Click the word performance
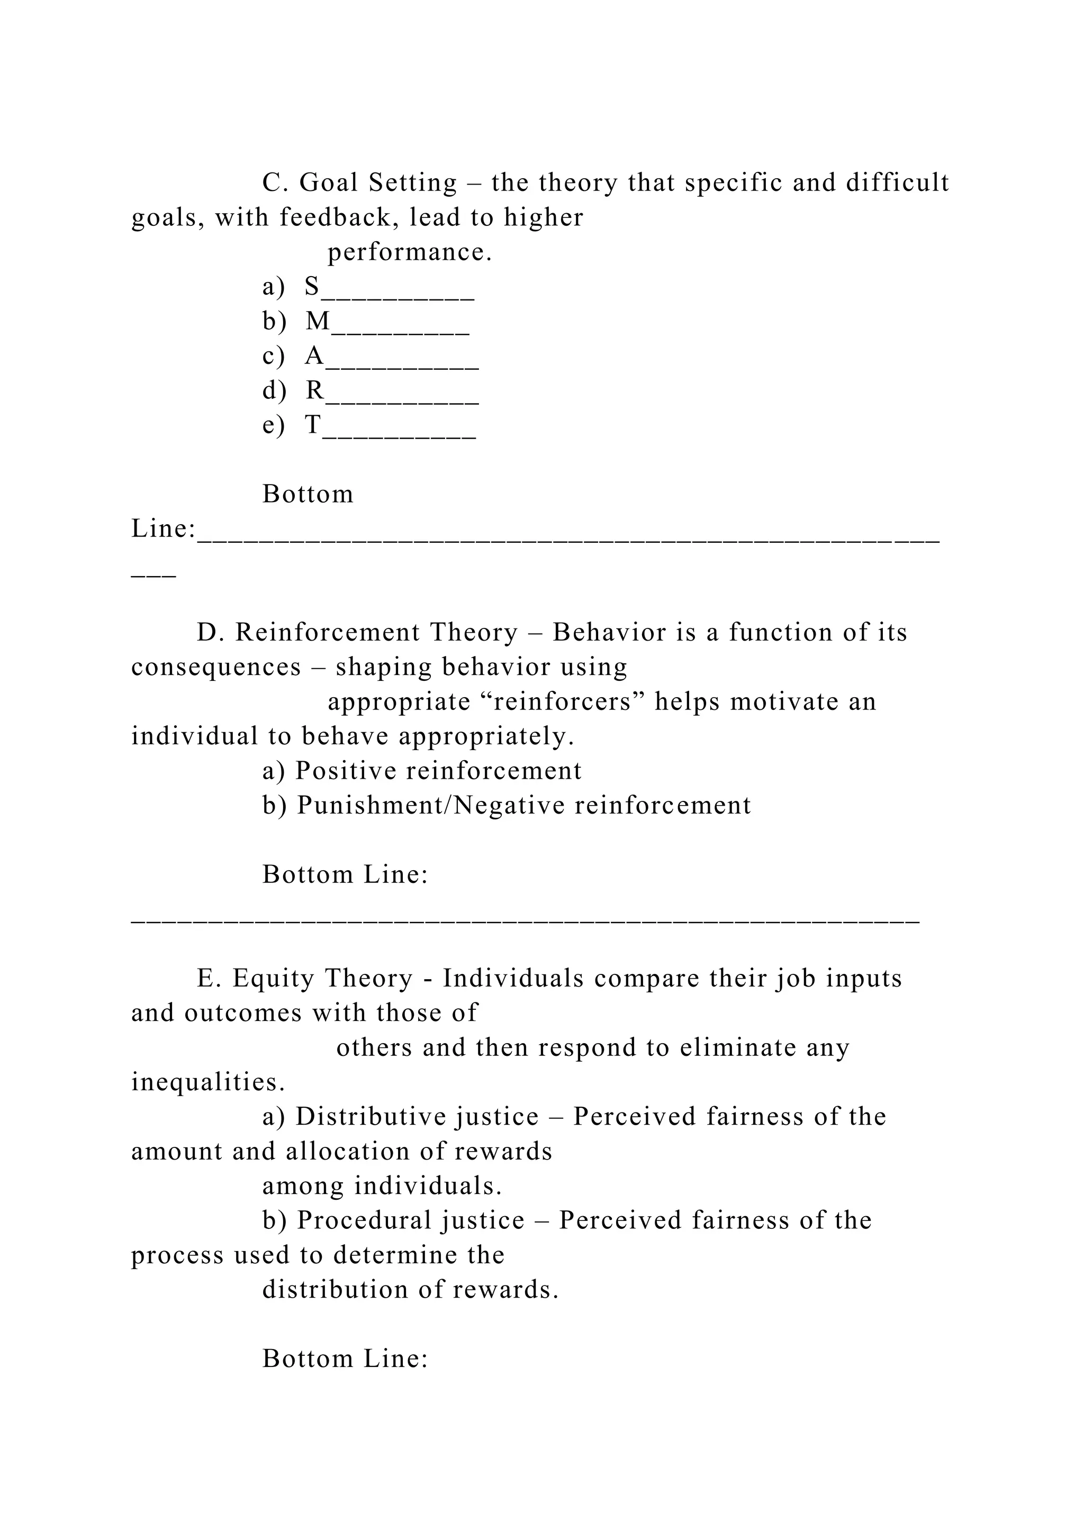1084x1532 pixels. click(409, 252)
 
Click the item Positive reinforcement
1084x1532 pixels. click(438, 771)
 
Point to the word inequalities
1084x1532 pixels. click(207, 1082)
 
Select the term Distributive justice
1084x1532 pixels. click(417, 1116)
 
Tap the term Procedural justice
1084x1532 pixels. click(410, 1220)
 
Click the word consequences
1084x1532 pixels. click(215, 667)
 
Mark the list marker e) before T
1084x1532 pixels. click(273, 425)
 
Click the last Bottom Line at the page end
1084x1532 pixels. click(345, 1358)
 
